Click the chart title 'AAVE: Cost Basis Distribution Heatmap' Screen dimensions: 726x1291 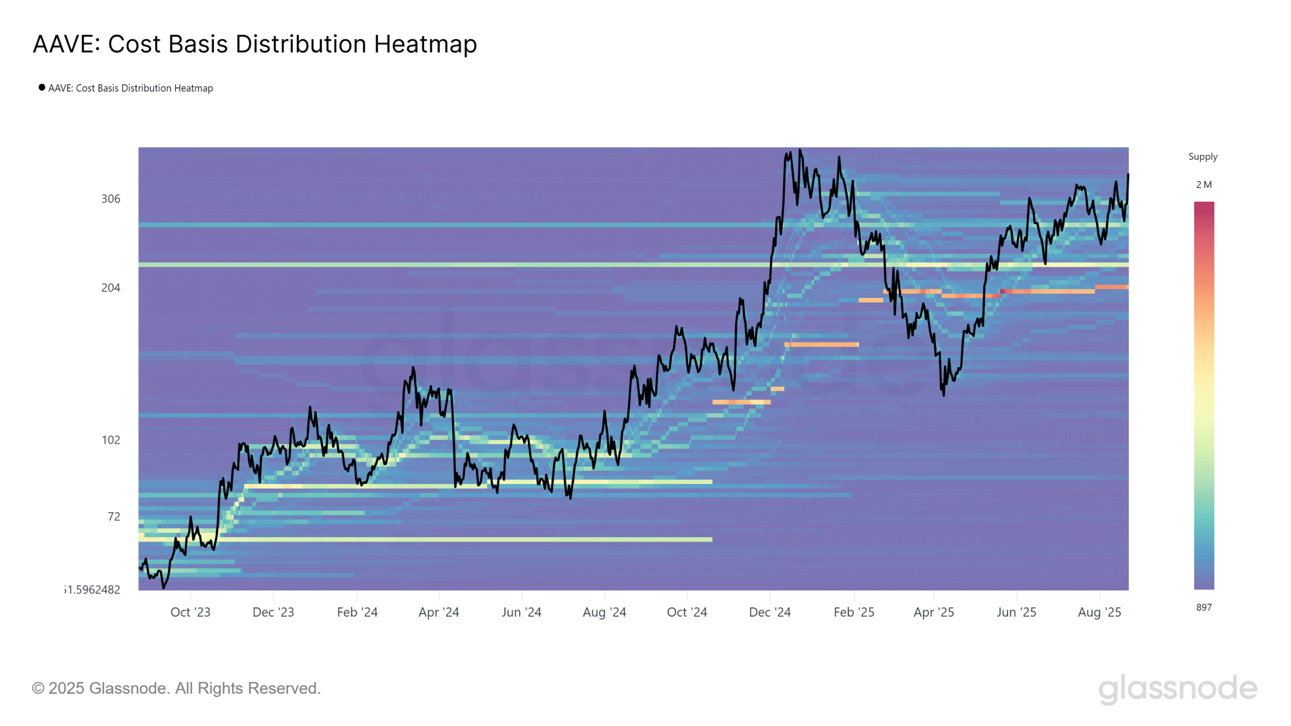(x=255, y=44)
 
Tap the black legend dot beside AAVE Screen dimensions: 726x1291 (x=42, y=87)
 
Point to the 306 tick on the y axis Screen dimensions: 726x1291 (x=111, y=199)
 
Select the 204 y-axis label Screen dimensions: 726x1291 (x=111, y=288)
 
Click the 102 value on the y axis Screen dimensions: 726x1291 (x=111, y=440)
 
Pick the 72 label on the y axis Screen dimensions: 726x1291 (x=114, y=517)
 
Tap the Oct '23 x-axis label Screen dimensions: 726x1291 (x=190, y=612)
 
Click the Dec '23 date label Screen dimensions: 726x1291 (x=273, y=612)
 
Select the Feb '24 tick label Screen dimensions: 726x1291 (x=357, y=612)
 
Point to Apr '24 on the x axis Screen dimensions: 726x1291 (x=439, y=612)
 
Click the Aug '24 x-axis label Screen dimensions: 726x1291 (x=604, y=612)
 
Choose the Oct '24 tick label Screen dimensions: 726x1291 (x=687, y=612)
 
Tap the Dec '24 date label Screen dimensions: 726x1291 (x=770, y=612)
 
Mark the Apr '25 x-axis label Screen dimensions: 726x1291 (x=933, y=612)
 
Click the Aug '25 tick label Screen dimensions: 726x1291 (x=1099, y=612)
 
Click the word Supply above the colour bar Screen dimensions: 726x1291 (x=1203, y=157)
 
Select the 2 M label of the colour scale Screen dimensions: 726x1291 (x=1204, y=185)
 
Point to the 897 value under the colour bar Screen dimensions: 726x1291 (x=1204, y=608)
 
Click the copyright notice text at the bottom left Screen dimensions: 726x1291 (x=176, y=688)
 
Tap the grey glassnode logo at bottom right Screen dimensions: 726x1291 (x=1178, y=689)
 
